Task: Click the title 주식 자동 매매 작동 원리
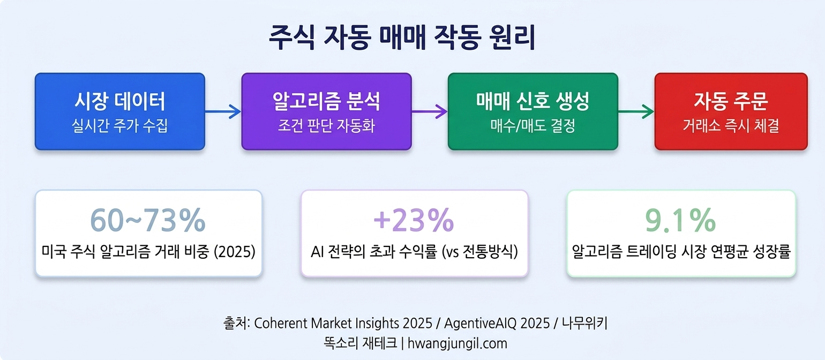[x=402, y=39]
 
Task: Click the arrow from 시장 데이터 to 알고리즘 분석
[x=223, y=112]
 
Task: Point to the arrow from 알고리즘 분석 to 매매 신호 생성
[x=430, y=112]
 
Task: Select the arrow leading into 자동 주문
[x=636, y=112]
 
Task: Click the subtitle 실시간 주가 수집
[x=119, y=126]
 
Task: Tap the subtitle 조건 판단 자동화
[x=326, y=126]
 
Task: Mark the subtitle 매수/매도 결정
[x=532, y=126]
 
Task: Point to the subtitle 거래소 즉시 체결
[x=731, y=126]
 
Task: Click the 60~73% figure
[x=148, y=220]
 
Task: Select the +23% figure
[x=414, y=220]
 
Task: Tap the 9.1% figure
[x=680, y=220]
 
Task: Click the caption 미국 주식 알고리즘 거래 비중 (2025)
[x=148, y=252]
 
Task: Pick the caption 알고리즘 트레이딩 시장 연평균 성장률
[x=681, y=252]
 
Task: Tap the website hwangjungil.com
[x=455, y=343]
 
